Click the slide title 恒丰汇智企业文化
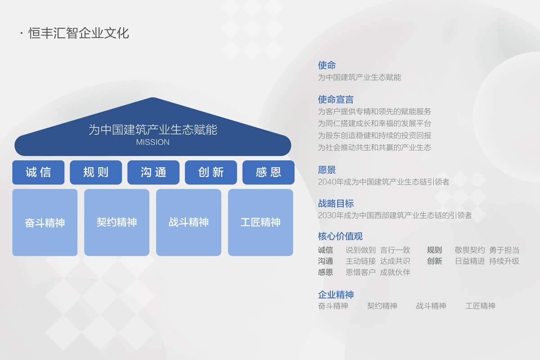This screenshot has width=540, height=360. pos(79,33)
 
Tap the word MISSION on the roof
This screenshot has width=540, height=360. pos(153,142)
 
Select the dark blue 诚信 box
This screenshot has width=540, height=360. pos(38,172)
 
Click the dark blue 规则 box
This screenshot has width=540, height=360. pos(96,172)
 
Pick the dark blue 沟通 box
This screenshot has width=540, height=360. pos(153,172)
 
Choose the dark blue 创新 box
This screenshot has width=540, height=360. pos(211,172)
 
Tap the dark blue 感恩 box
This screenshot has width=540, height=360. pos(268,172)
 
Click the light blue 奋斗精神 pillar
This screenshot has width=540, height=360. pos(45,222)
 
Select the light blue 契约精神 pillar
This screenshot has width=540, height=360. pos(117,222)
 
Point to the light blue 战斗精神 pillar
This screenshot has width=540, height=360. pos(189,222)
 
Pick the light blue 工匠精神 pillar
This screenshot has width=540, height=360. pos(261,222)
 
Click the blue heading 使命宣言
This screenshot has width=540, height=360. pos(336,99)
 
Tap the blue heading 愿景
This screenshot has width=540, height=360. pos(327,170)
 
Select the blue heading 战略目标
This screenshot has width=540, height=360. pos(336,203)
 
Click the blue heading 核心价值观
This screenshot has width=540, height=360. pos(340,236)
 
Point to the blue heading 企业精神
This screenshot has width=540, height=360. pos(336,295)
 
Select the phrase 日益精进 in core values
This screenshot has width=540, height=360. pos(470,261)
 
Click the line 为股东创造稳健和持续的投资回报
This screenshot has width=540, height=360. pos(374,135)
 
